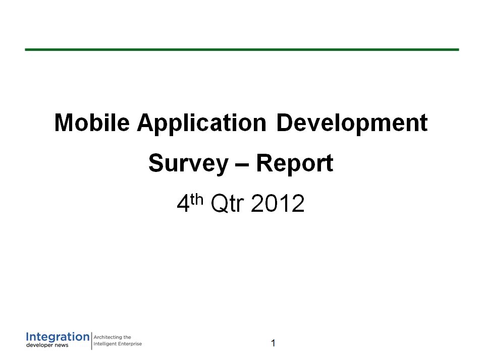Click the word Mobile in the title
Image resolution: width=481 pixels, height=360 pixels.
point(92,123)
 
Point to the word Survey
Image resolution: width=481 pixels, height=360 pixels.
point(189,164)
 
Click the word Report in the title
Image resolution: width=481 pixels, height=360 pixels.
point(294,164)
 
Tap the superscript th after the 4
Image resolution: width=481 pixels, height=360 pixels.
point(197,199)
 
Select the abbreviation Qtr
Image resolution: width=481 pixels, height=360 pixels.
point(227,203)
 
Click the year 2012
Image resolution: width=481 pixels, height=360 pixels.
point(278,203)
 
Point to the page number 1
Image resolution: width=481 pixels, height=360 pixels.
point(274,343)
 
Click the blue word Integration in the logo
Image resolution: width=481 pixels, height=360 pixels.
point(58,337)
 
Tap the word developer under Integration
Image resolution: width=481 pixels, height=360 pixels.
point(39,345)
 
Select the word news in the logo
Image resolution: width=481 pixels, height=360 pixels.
point(62,345)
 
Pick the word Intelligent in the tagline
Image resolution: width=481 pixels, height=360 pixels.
point(104,344)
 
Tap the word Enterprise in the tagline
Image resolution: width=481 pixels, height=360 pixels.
point(130,344)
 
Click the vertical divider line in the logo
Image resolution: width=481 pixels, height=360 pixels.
point(92,341)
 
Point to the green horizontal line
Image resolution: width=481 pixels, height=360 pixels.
point(242,49)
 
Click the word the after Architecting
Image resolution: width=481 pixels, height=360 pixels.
point(127,337)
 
